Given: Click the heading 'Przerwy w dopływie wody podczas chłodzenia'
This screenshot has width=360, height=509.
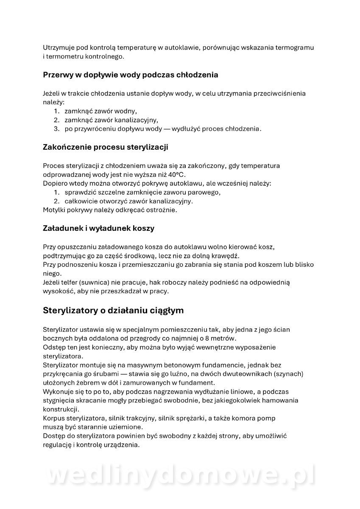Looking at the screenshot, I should [131, 75].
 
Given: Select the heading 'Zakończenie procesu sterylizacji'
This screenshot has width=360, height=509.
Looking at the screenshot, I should [106, 148].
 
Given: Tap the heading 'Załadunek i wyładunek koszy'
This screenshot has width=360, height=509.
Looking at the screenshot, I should [98, 228].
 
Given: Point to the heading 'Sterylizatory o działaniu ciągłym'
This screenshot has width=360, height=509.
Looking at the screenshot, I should [113, 310].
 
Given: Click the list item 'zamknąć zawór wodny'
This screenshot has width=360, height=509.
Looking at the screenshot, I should [100, 111].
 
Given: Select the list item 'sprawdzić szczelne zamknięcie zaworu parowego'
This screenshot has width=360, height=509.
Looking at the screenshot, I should [142, 192].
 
